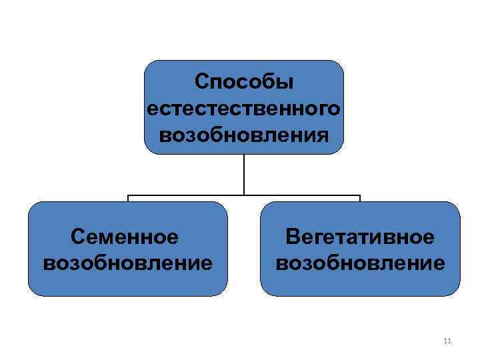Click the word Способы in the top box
point(244,83)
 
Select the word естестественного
point(244,108)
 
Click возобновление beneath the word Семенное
point(127,262)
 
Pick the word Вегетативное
point(360,237)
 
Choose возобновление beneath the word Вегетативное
point(360,262)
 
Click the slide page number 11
point(447,341)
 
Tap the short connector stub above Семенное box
point(128,199)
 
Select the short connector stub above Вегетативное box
point(360,199)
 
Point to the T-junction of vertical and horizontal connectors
point(244,195)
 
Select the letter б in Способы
point(269,83)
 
